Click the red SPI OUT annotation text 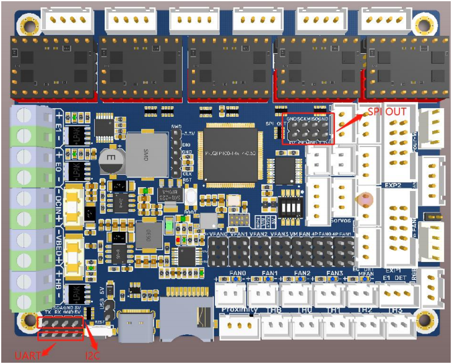pos(388,112)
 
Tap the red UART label pos(27,355)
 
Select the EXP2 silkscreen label pos(394,185)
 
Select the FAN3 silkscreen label pos(335,273)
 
